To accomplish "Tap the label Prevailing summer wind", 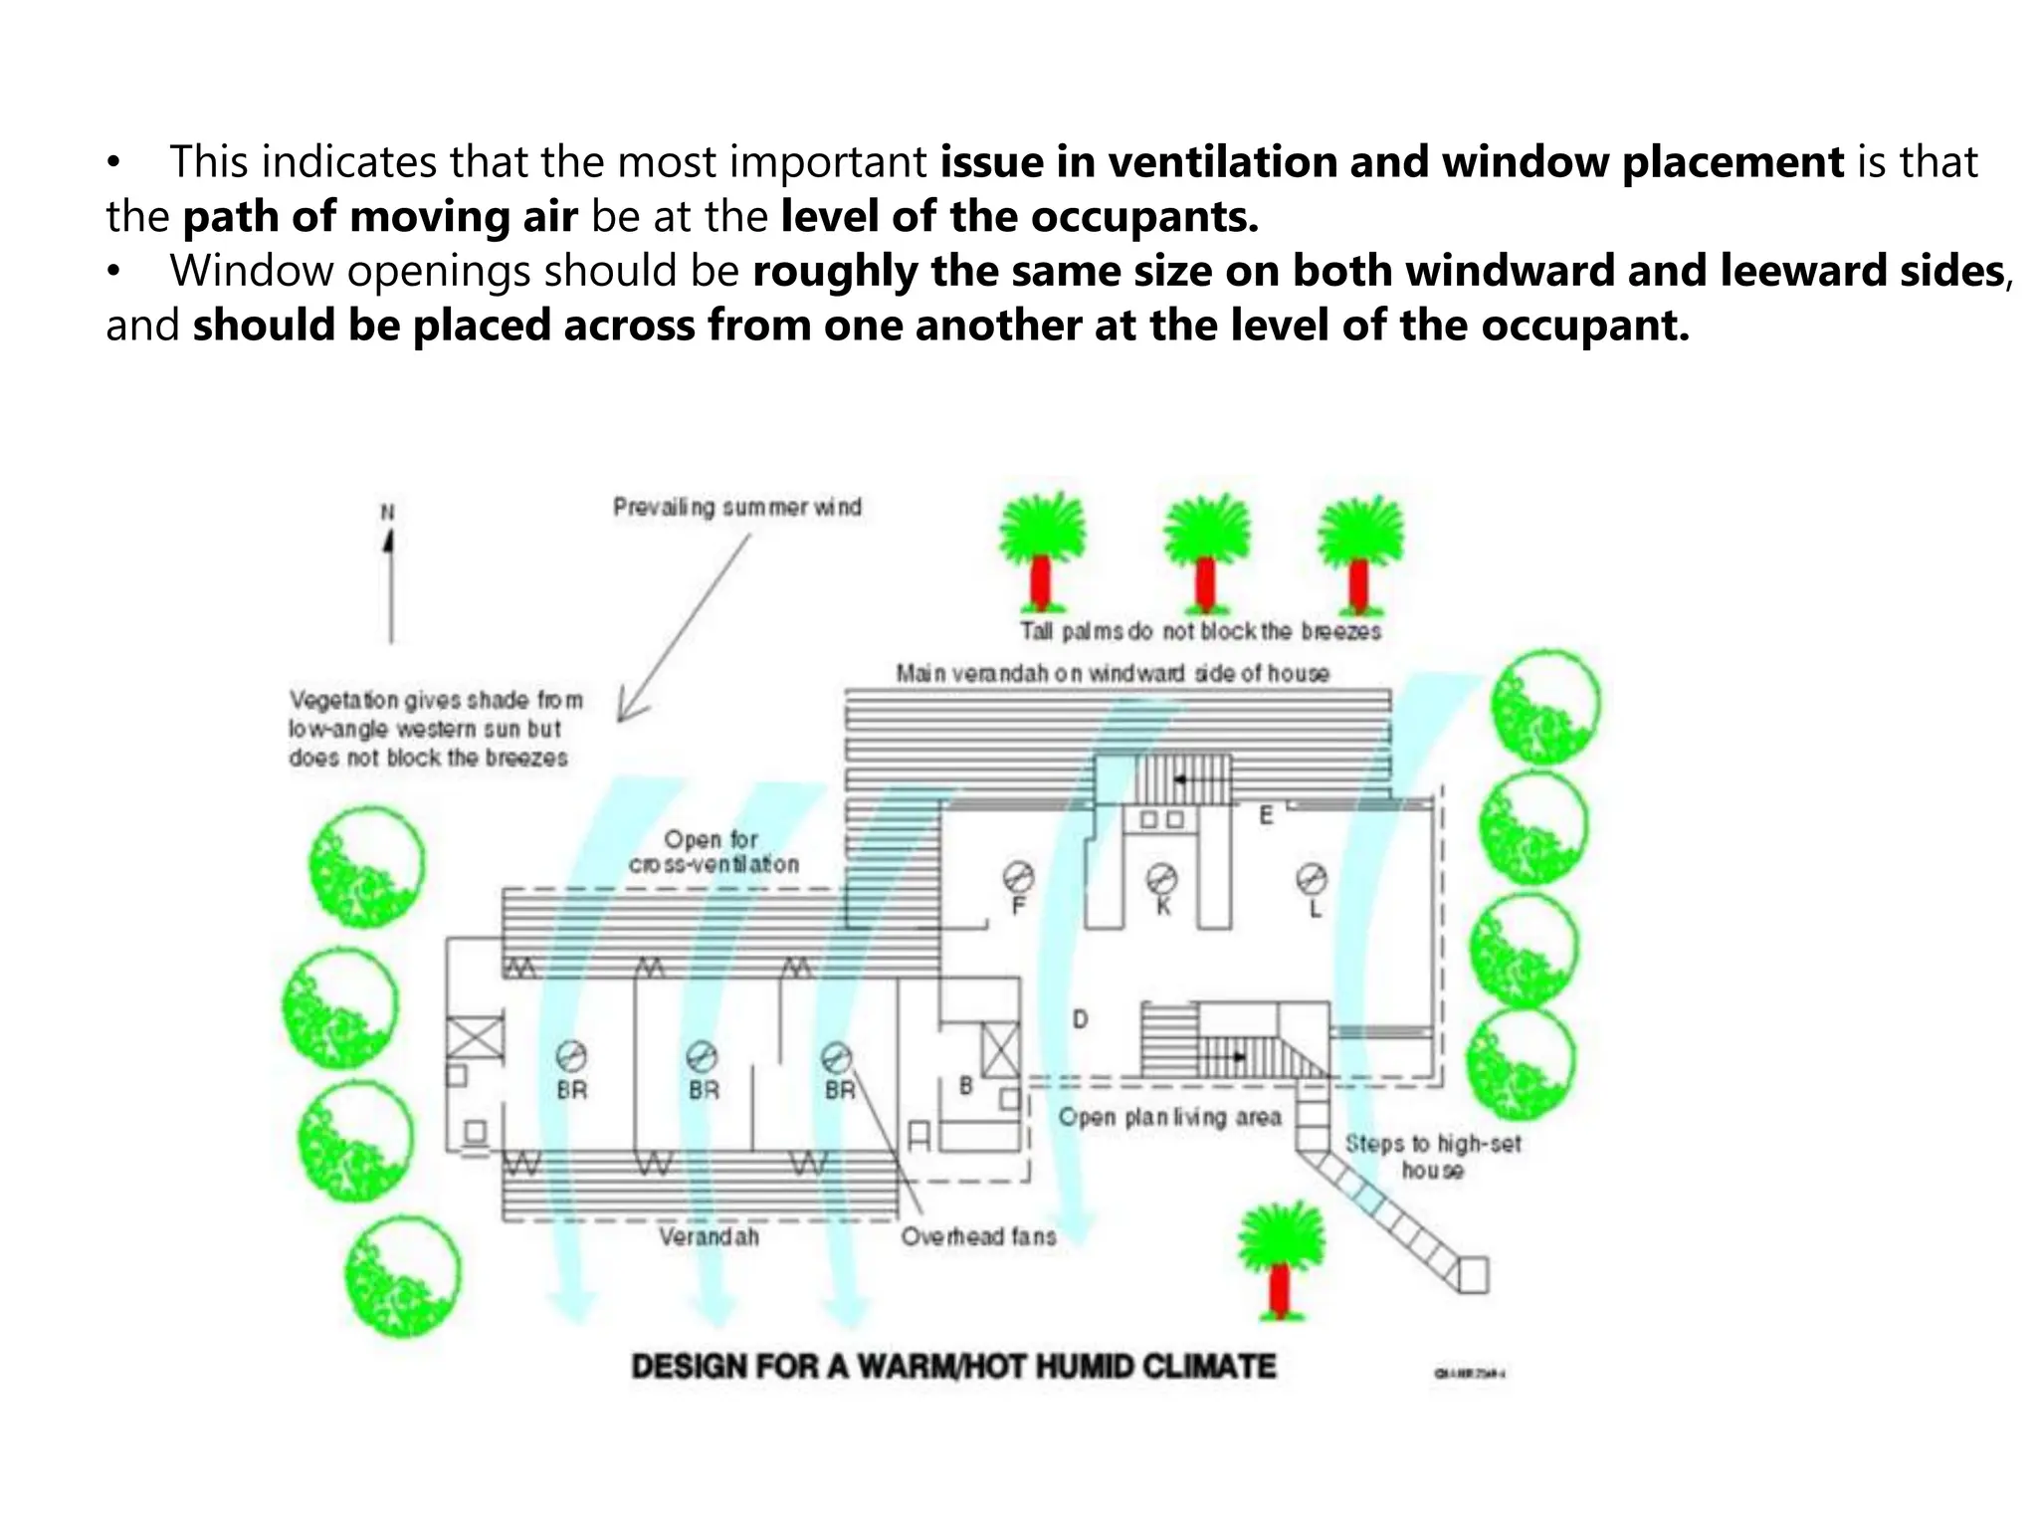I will click(x=737, y=508).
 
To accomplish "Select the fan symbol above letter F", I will click(x=1018, y=877).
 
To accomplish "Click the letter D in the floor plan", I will click(x=1080, y=1019).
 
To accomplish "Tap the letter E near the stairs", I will click(x=1266, y=815).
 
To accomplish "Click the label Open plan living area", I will click(x=1169, y=1117).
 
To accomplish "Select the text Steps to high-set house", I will click(x=1433, y=1157).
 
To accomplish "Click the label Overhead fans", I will click(x=978, y=1236).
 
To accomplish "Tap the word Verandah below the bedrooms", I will click(x=709, y=1236).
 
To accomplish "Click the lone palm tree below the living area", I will click(x=1281, y=1260).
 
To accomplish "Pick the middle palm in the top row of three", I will click(x=1206, y=553).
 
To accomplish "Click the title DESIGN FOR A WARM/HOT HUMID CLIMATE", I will click(x=953, y=1366).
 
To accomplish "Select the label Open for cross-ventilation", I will click(x=713, y=852).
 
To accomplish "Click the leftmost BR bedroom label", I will click(x=571, y=1090).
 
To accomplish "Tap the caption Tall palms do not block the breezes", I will click(x=1200, y=631).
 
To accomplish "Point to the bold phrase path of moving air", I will click(x=380, y=217).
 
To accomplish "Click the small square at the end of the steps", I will click(x=1473, y=1274).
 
